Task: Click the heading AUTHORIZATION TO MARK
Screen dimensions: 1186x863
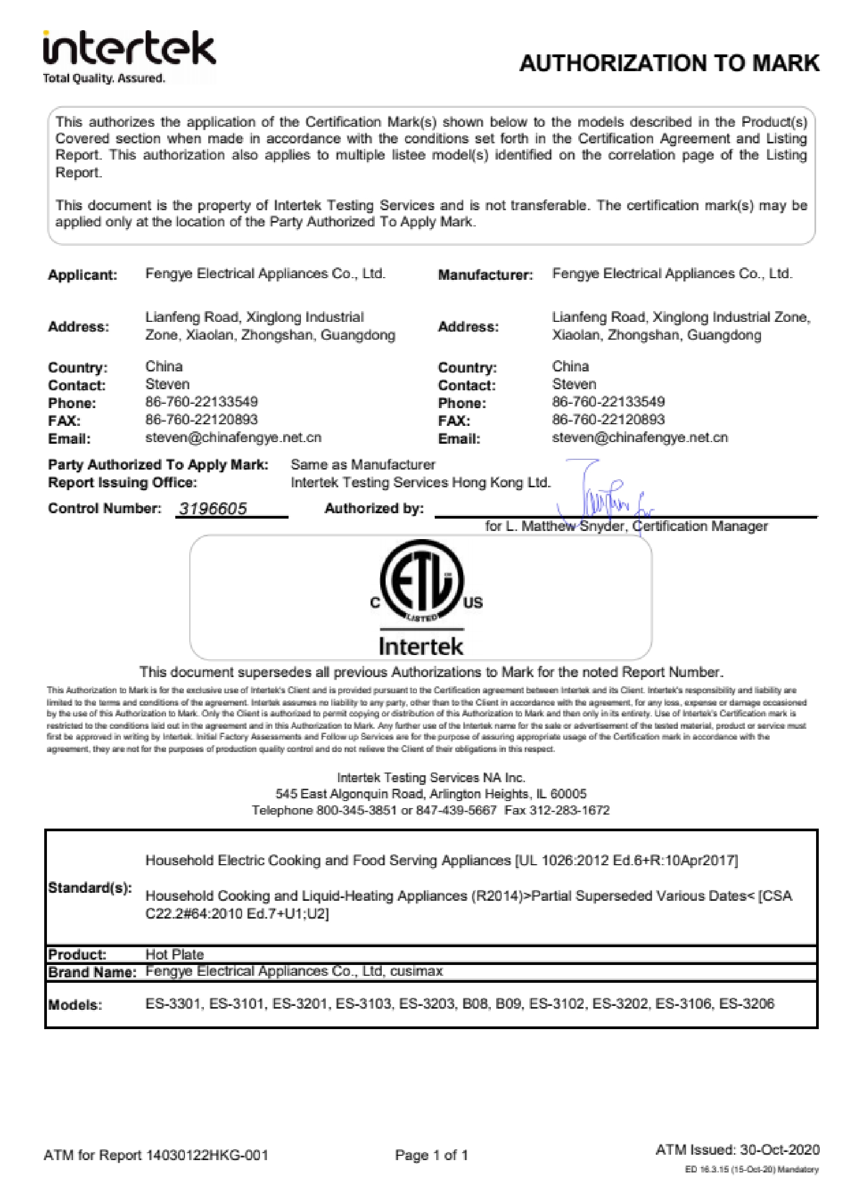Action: [x=669, y=64]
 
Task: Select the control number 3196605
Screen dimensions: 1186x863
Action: [x=213, y=508]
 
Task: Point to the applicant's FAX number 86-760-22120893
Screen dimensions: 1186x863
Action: [x=201, y=419]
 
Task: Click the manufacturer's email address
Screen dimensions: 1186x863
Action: [x=640, y=437]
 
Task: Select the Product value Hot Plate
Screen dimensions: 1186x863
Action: [x=174, y=954]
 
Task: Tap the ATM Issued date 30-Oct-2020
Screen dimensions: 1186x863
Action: [x=779, y=1149]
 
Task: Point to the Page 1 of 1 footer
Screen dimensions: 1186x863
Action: [x=431, y=1155]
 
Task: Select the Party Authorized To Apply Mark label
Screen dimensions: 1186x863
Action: [x=158, y=465]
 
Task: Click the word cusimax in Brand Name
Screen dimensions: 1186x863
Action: [x=416, y=971]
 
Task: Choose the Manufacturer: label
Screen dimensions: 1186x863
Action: [x=485, y=275]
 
